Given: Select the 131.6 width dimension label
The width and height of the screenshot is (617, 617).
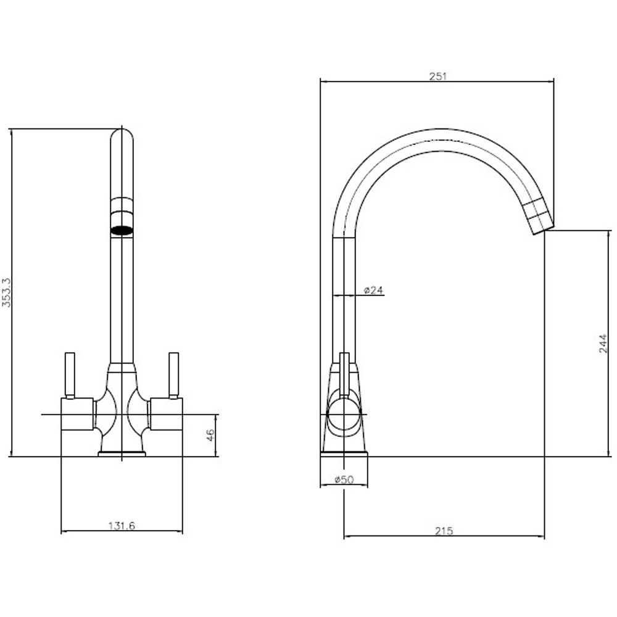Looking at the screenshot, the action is [122, 526].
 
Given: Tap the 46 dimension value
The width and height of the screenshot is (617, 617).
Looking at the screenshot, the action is [210, 435].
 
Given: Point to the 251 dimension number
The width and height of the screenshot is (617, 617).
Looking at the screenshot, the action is [438, 77].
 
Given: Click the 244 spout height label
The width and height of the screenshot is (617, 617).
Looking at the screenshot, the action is [603, 344].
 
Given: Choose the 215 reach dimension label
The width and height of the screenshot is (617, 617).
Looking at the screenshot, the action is [444, 531].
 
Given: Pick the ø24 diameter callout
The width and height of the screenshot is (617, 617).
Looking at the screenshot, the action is [373, 290].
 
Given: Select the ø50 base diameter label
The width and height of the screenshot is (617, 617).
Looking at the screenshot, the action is [344, 479].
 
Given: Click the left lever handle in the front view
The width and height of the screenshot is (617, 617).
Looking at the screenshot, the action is [70, 375].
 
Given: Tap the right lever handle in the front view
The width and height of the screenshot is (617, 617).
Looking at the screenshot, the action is [173, 375].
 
